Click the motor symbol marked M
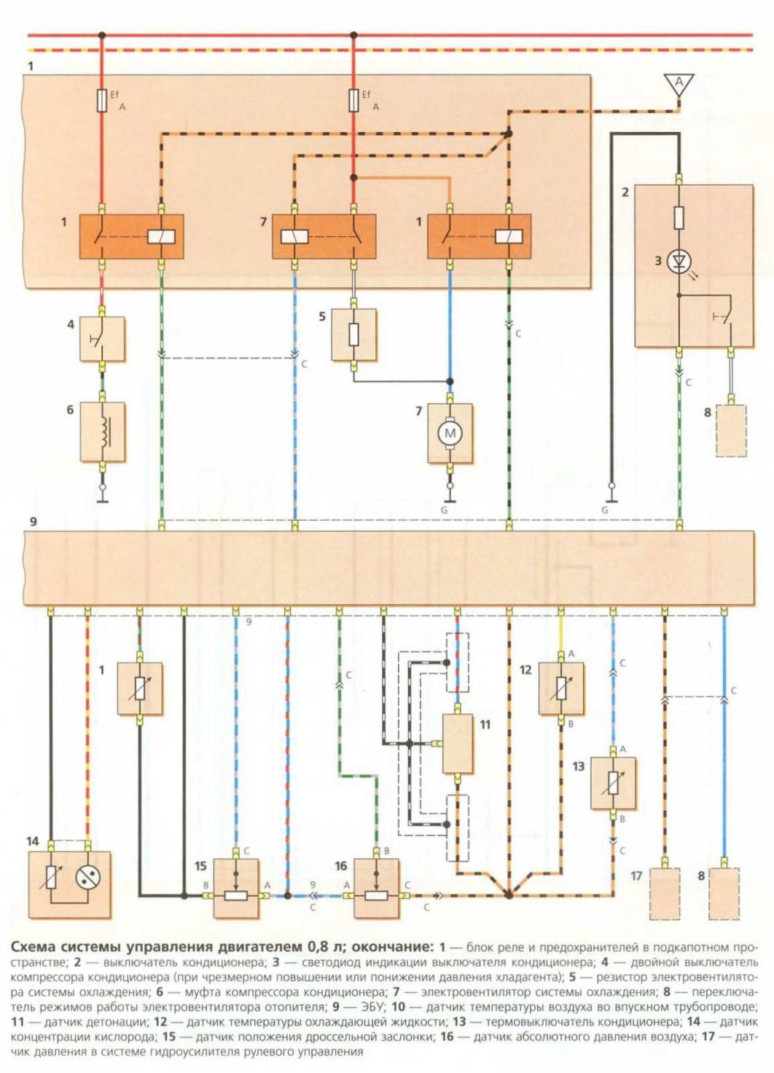point(450,433)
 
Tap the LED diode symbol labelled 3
point(679,260)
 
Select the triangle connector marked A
point(679,84)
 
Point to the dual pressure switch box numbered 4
point(102,339)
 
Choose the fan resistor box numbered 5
point(353,335)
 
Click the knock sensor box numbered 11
point(458,744)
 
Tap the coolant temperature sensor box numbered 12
point(561,688)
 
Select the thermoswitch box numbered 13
point(613,783)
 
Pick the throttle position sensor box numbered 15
point(236,889)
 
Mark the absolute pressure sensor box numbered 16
point(376,889)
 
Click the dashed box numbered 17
point(663,892)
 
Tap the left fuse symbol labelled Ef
point(102,101)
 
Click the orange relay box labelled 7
point(324,236)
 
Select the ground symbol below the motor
point(450,500)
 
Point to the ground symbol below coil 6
point(102,500)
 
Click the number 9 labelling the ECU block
point(33,522)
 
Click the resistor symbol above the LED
point(679,217)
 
